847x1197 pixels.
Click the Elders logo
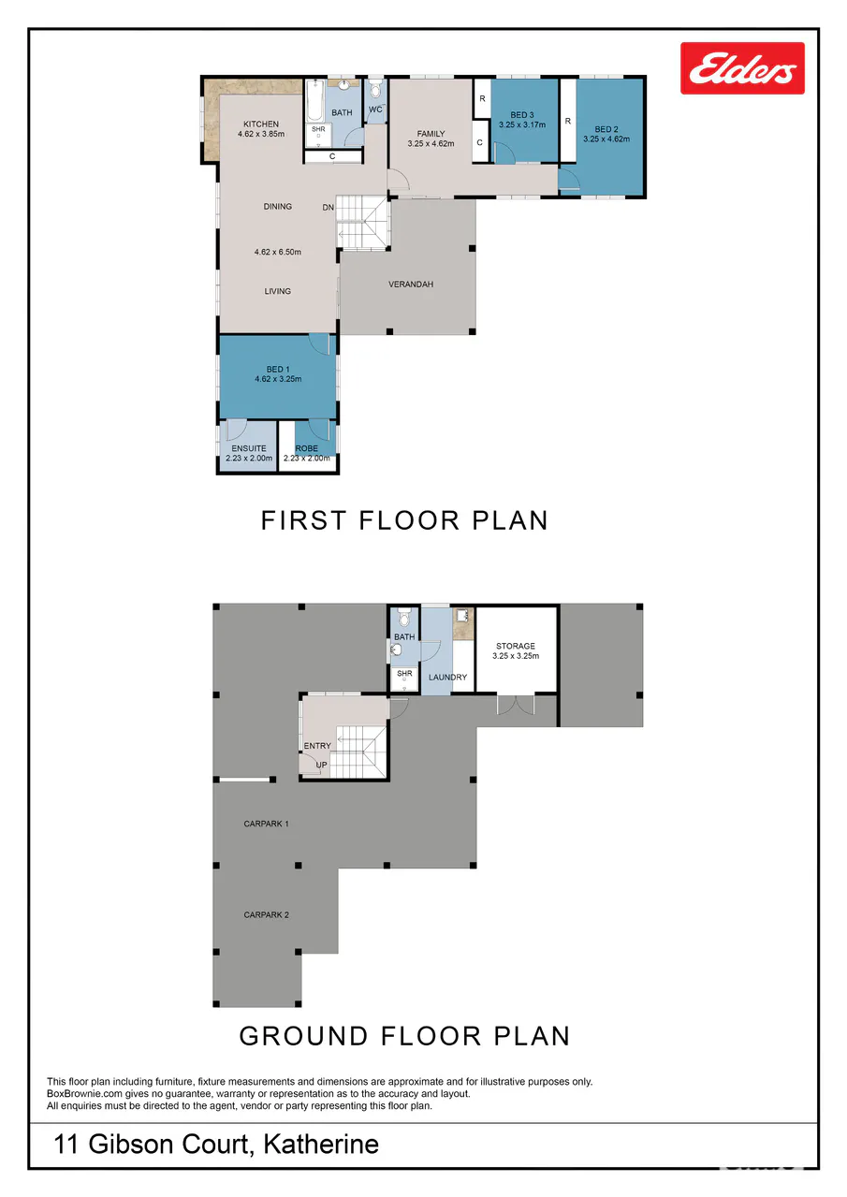(x=742, y=68)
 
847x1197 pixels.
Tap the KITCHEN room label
(x=261, y=124)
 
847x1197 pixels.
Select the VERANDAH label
(x=411, y=285)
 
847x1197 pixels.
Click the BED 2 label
(x=606, y=129)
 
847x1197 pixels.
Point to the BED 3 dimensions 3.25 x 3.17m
(x=522, y=124)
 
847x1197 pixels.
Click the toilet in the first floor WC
(x=375, y=89)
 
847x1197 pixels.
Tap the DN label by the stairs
(x=329, y=208)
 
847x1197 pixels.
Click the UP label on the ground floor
(x=321, y=765)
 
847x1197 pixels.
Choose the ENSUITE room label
(x=249, y=448)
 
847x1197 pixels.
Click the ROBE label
(x=306, y=448)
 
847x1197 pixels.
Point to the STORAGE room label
(x=515, y=646)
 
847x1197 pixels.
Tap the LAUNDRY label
(x=447, y=677)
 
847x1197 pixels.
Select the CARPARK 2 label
(x=266, y=915)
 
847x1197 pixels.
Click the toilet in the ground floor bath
(x=404, y=619)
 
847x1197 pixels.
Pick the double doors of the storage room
(x=515, y=705)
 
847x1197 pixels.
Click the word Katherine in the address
(x=321, y=1144)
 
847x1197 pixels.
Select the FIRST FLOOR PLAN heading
(x=404, y=520)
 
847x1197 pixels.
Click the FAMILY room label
(x=431, y=134)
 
